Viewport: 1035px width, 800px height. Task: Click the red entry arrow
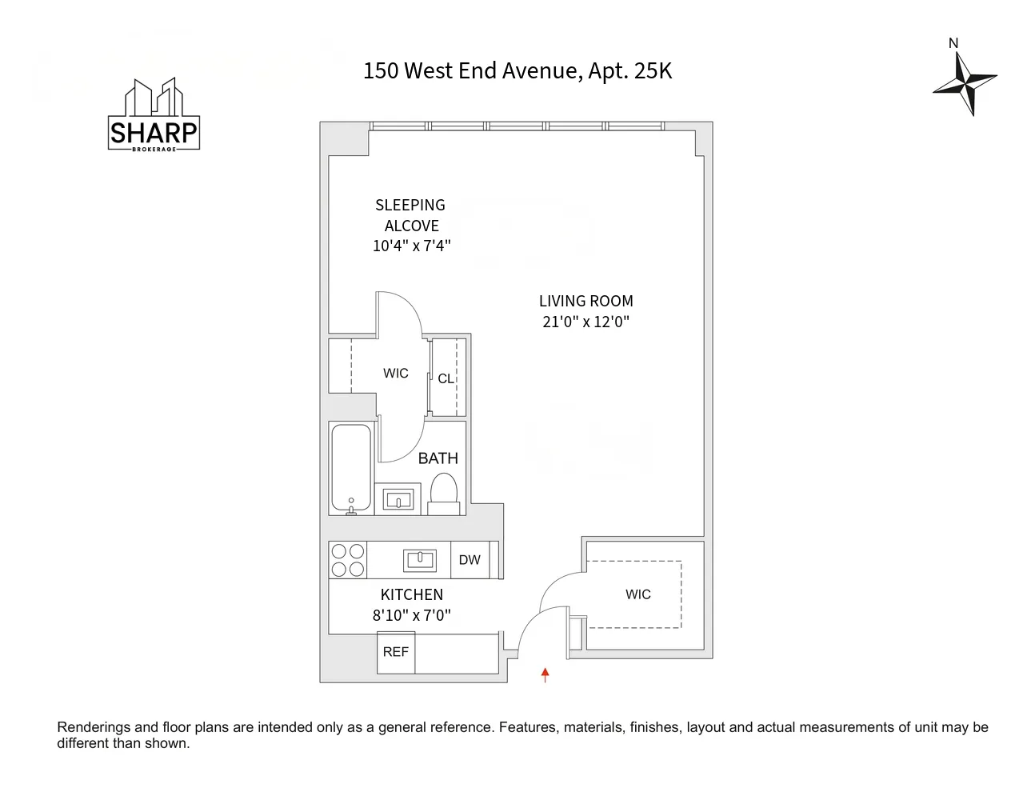pos(545,674)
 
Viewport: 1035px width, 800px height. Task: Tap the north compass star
pos(966,82)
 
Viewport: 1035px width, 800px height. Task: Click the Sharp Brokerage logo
pos(154,116)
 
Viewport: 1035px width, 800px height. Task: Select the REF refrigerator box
pos(396,652)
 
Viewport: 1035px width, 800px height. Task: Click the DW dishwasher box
pos(470,560)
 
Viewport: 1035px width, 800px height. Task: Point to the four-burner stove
pos(348,560)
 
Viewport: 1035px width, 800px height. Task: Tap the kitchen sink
pos(420,560)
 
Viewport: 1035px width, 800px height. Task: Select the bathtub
pos(351,468)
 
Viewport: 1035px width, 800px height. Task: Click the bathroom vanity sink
pos(398,501)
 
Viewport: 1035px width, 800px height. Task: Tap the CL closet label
pos(446,378)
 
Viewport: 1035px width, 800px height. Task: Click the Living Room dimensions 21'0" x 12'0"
pos(585,322)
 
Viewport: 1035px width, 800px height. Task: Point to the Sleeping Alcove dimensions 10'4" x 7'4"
pos(411,246)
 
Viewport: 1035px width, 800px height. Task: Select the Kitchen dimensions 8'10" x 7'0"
pos(411,615)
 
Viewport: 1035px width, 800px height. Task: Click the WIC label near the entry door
pos(637,594)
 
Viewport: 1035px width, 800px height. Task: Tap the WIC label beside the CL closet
pos(395,373)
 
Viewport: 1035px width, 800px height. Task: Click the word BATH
pos(438,458)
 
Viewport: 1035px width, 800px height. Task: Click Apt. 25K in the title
pos(629,71)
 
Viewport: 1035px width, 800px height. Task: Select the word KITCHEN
pos(411,594)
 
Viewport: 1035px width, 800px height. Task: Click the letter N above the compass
pos(953,43)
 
